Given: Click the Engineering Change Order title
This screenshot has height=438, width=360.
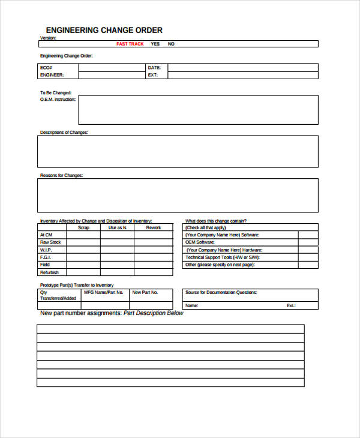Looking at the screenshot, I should [104, 30].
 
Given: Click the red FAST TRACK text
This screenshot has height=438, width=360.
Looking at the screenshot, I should [130, 44].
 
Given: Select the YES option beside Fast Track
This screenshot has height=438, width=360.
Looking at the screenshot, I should [155, 44].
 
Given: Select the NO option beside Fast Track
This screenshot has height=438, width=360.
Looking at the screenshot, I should [171, 44].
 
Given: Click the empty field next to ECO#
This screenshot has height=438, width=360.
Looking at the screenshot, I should [112, 68].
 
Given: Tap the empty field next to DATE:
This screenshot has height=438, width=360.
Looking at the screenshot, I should [242, 68].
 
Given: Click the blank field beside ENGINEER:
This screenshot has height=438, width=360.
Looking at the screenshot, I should [112, 76].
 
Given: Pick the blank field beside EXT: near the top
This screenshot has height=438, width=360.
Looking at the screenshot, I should [242, 76].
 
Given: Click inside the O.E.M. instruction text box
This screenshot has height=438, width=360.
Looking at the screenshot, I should [198, 109].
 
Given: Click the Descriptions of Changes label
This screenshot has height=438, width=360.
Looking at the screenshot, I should [64, 132].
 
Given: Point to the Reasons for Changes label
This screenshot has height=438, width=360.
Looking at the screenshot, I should [61, 175].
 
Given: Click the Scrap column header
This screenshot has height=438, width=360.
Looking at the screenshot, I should [83, 227].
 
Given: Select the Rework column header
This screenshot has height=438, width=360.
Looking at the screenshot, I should [154, 227].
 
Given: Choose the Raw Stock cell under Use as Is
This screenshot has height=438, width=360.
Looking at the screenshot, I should [117, 242].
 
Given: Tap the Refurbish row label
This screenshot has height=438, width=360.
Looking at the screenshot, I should [49, 272].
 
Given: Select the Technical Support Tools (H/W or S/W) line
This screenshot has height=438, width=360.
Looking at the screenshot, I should [226, 257].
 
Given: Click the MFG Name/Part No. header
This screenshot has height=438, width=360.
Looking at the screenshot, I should [104, 292].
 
